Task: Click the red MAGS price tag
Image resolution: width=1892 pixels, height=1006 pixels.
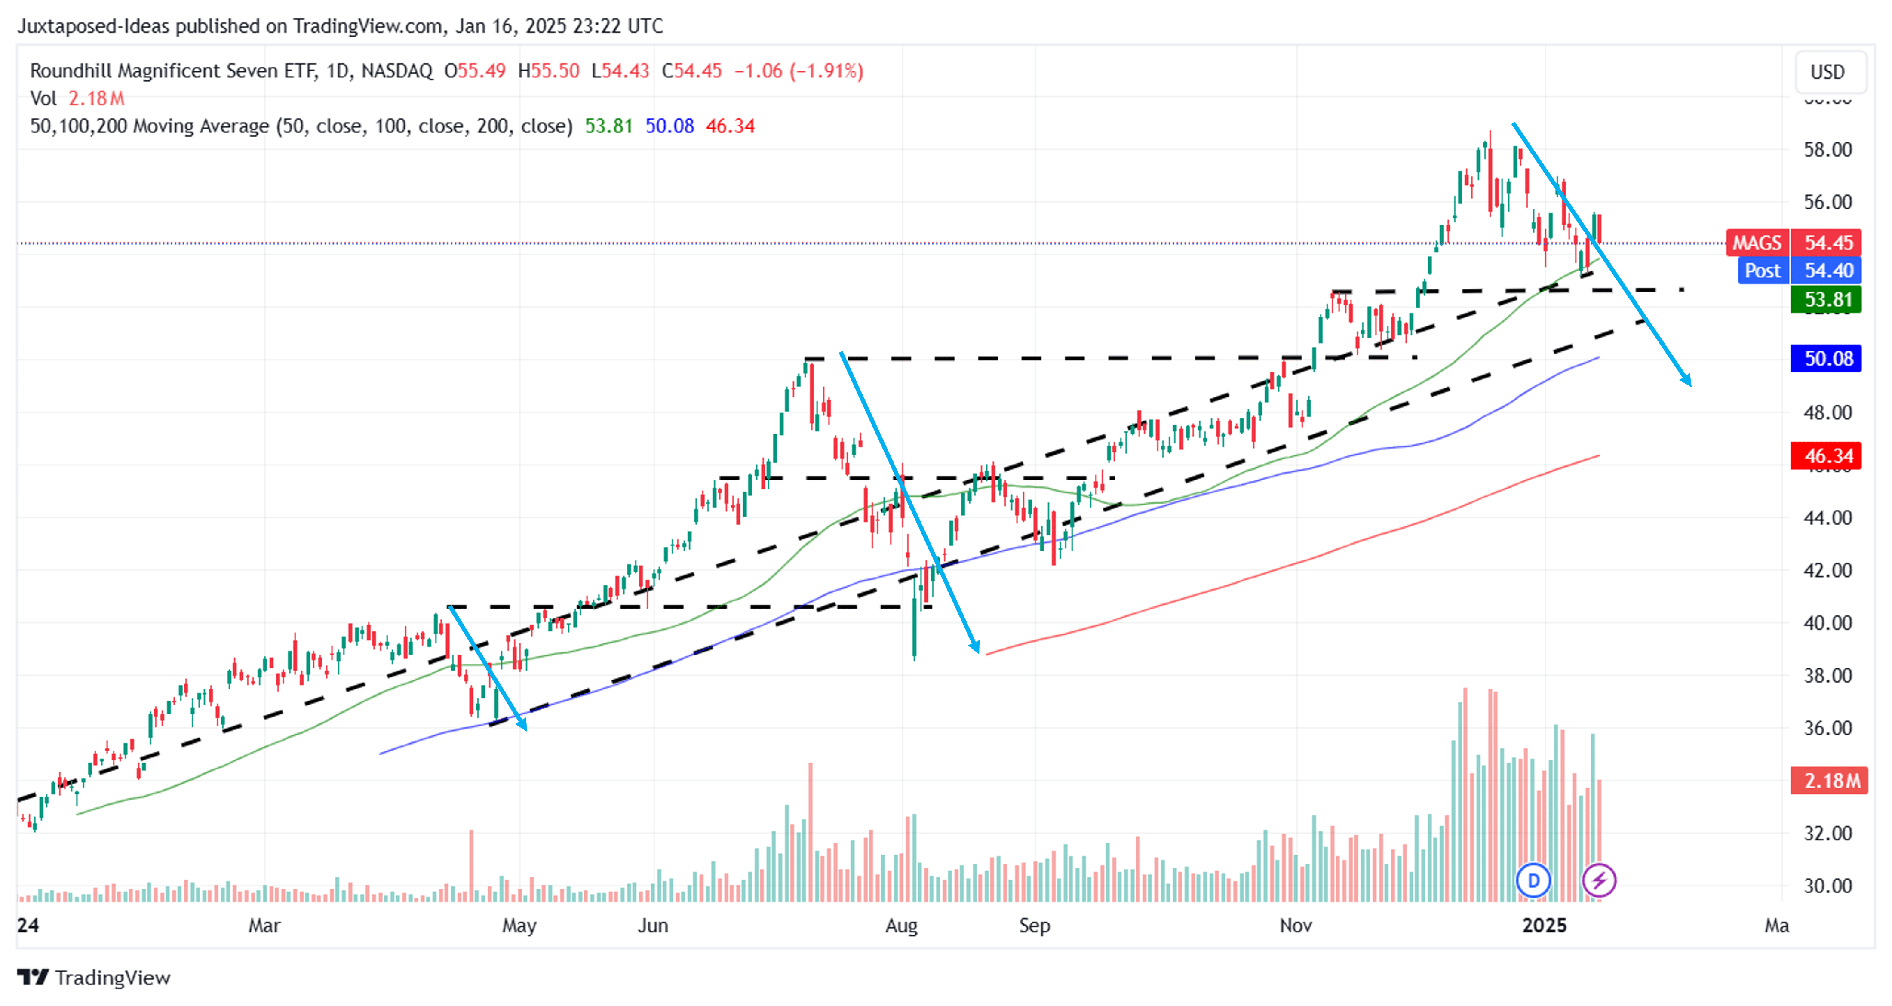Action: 1757,243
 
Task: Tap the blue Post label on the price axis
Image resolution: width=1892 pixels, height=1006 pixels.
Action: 1762,271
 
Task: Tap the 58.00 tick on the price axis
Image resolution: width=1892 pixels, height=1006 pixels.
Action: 1827,150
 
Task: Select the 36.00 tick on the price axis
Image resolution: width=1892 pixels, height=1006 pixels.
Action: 1827,728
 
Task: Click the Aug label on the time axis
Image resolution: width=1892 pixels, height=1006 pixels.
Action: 901,925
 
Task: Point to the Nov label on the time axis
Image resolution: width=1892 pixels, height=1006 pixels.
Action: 1296,925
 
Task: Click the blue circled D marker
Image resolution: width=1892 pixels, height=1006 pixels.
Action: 1533,880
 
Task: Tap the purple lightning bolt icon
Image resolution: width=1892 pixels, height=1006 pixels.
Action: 1599,880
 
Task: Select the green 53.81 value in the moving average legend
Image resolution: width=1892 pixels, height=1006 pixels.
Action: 608,126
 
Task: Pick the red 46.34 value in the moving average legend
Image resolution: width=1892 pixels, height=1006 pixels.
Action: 730,126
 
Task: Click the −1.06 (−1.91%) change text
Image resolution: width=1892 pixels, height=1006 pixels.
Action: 799,71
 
